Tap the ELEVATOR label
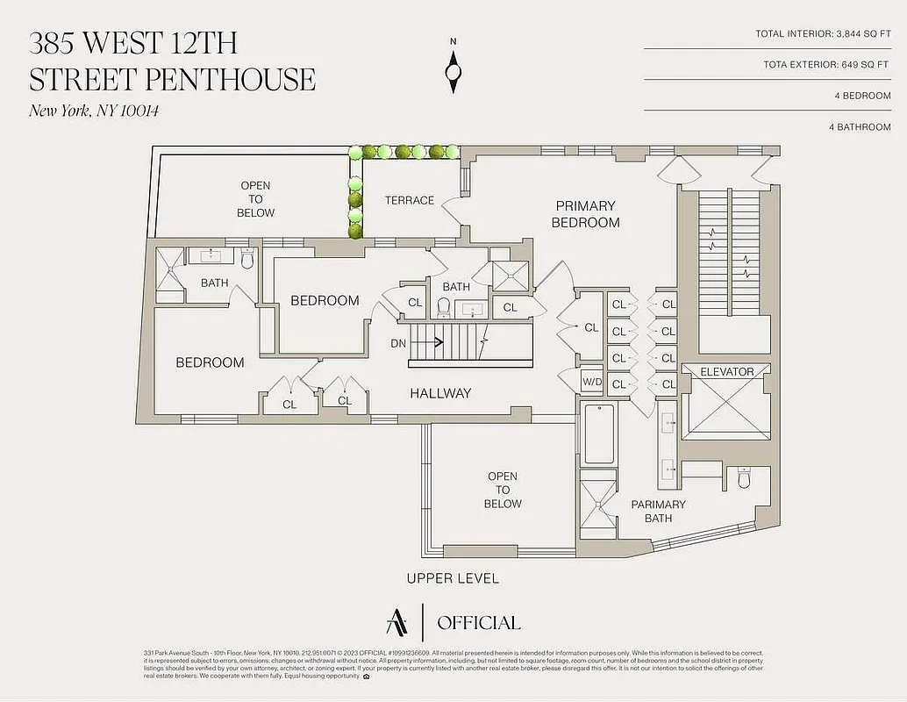[x=726, y=372]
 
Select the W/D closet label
[x=591, y=383]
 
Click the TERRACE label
[x=409, y=200]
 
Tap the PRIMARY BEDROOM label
[x=585, y=214]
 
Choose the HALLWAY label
[x=440, y=393]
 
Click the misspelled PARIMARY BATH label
[x=658, y=511]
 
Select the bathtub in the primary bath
[x=600, y=433]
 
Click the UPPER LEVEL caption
[x=453, y=578]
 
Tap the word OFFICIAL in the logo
[x=478, y=623]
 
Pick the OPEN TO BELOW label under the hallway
[x=503, y=490]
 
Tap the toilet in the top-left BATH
[x=247, y=260]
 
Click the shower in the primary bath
[x=599, y=504]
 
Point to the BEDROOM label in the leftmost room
[x=210, y=362]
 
